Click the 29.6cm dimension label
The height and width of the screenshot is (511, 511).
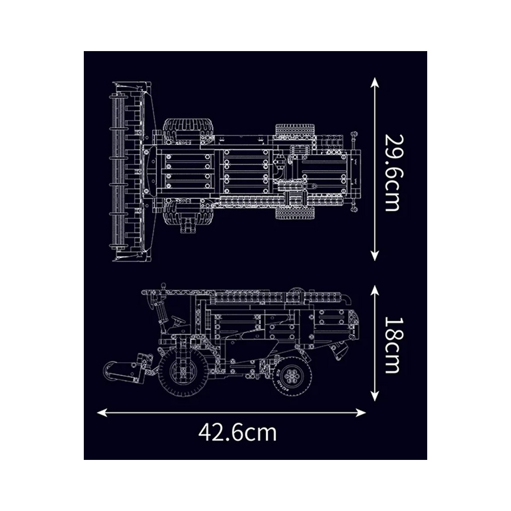coord(392,173)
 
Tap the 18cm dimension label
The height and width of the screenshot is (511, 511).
coord(392,345)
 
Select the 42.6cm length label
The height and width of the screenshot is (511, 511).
coord(238,432)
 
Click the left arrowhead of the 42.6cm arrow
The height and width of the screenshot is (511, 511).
coord(102,412)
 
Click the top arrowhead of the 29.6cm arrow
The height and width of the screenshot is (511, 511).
coord(375,82)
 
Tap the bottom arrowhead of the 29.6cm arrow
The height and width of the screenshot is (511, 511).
coord(375,256)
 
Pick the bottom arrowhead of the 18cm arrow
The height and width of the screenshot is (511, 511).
coord(375,396)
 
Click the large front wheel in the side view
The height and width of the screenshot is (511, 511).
coord(183,373)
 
